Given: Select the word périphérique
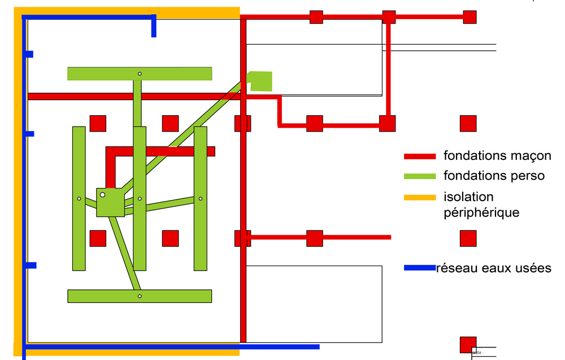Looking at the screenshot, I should (481, 213).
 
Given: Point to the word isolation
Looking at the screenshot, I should (468, 197).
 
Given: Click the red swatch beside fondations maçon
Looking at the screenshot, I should (420, 156).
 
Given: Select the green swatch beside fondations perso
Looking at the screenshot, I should (420, 176).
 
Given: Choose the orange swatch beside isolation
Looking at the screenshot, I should (420, 197).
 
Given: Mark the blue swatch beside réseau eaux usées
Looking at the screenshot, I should (420, 268).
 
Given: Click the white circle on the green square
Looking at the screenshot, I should (102, 194).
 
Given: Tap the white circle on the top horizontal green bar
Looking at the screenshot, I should (140, 74).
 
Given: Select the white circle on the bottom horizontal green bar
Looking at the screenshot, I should (140, 296).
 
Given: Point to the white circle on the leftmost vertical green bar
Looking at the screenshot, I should (79, 198).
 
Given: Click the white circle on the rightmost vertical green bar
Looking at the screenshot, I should (200, 198).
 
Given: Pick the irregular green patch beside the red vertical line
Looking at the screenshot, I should (261, 81).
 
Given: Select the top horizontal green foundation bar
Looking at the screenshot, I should (102, 74).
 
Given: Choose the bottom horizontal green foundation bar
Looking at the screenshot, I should (102, 296).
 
